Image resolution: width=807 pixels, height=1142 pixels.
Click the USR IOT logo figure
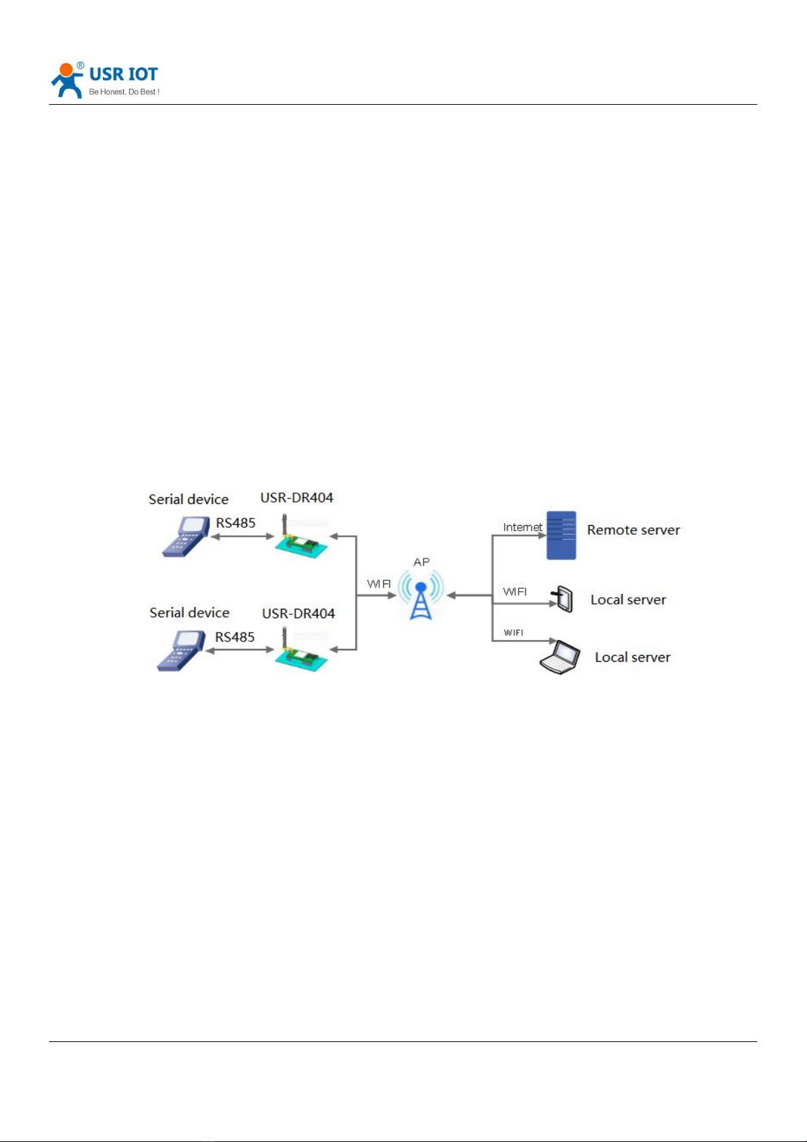tap(67, 80)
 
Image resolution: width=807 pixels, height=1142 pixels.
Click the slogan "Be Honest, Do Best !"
tap(125, 92)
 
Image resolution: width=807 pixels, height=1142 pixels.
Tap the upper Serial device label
tap(188, 499)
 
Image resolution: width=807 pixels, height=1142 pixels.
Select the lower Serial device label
tap(189, 613)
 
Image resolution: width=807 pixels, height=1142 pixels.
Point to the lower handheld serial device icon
tap(181, 650)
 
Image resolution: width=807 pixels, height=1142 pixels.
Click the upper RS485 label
tap(235, 523)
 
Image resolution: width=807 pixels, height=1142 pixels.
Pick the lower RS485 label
tap(235, 637)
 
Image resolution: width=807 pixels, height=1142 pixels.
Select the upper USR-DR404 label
tap(297, 497)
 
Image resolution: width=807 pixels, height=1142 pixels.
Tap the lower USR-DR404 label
tap(298, 614)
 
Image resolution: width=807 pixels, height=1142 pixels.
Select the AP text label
tap(421, 562)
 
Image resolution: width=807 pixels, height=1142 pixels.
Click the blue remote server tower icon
tap(561, 535)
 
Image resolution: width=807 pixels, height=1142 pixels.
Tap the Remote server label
tap(633, 530)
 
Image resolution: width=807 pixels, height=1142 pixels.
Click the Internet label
tap(522, 527)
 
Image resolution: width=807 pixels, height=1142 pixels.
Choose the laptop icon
tap(560, 657)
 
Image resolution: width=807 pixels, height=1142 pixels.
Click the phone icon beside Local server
tap(562, 599)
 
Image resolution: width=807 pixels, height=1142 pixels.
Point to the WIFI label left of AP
tap(378, 584)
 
